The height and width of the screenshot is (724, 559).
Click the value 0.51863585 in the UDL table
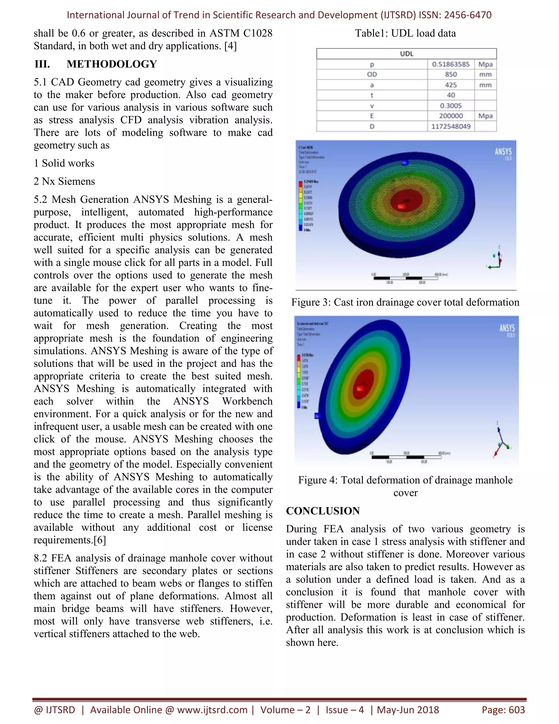coord(450,64)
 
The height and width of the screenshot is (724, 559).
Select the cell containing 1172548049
coord(450,126)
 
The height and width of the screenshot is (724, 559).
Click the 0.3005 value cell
coord(450,106)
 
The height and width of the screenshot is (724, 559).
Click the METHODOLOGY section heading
coord(112,64)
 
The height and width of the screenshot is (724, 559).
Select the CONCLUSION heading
coord(323,511)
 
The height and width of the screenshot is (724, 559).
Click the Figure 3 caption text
coord(405,302)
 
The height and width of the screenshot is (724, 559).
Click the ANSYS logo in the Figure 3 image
coord(503,152)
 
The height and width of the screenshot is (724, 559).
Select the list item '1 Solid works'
coord(64,163)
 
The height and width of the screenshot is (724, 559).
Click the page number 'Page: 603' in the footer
coord(503,710)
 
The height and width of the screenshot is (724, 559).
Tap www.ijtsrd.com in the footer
coord(212,710)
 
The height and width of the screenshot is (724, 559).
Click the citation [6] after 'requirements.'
coord(100,540)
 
